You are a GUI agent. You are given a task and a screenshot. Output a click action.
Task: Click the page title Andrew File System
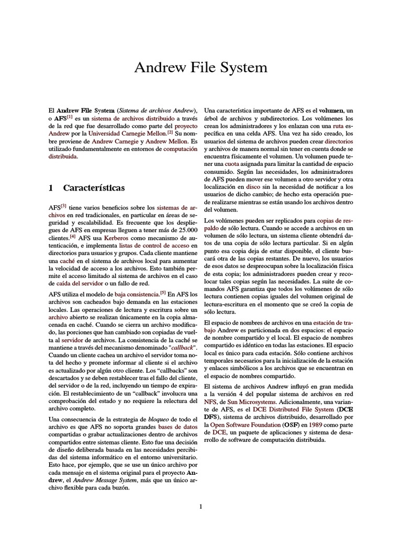pyautogui.click(x=201, y=68)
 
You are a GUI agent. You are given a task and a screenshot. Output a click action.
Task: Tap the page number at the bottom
pyautogui.click(x=200, y=506)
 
